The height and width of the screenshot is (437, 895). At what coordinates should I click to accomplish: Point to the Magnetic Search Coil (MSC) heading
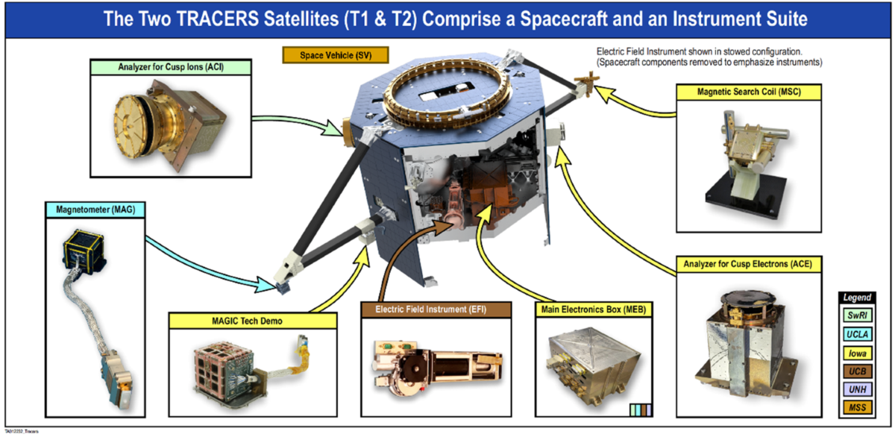[x=747, y=92]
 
